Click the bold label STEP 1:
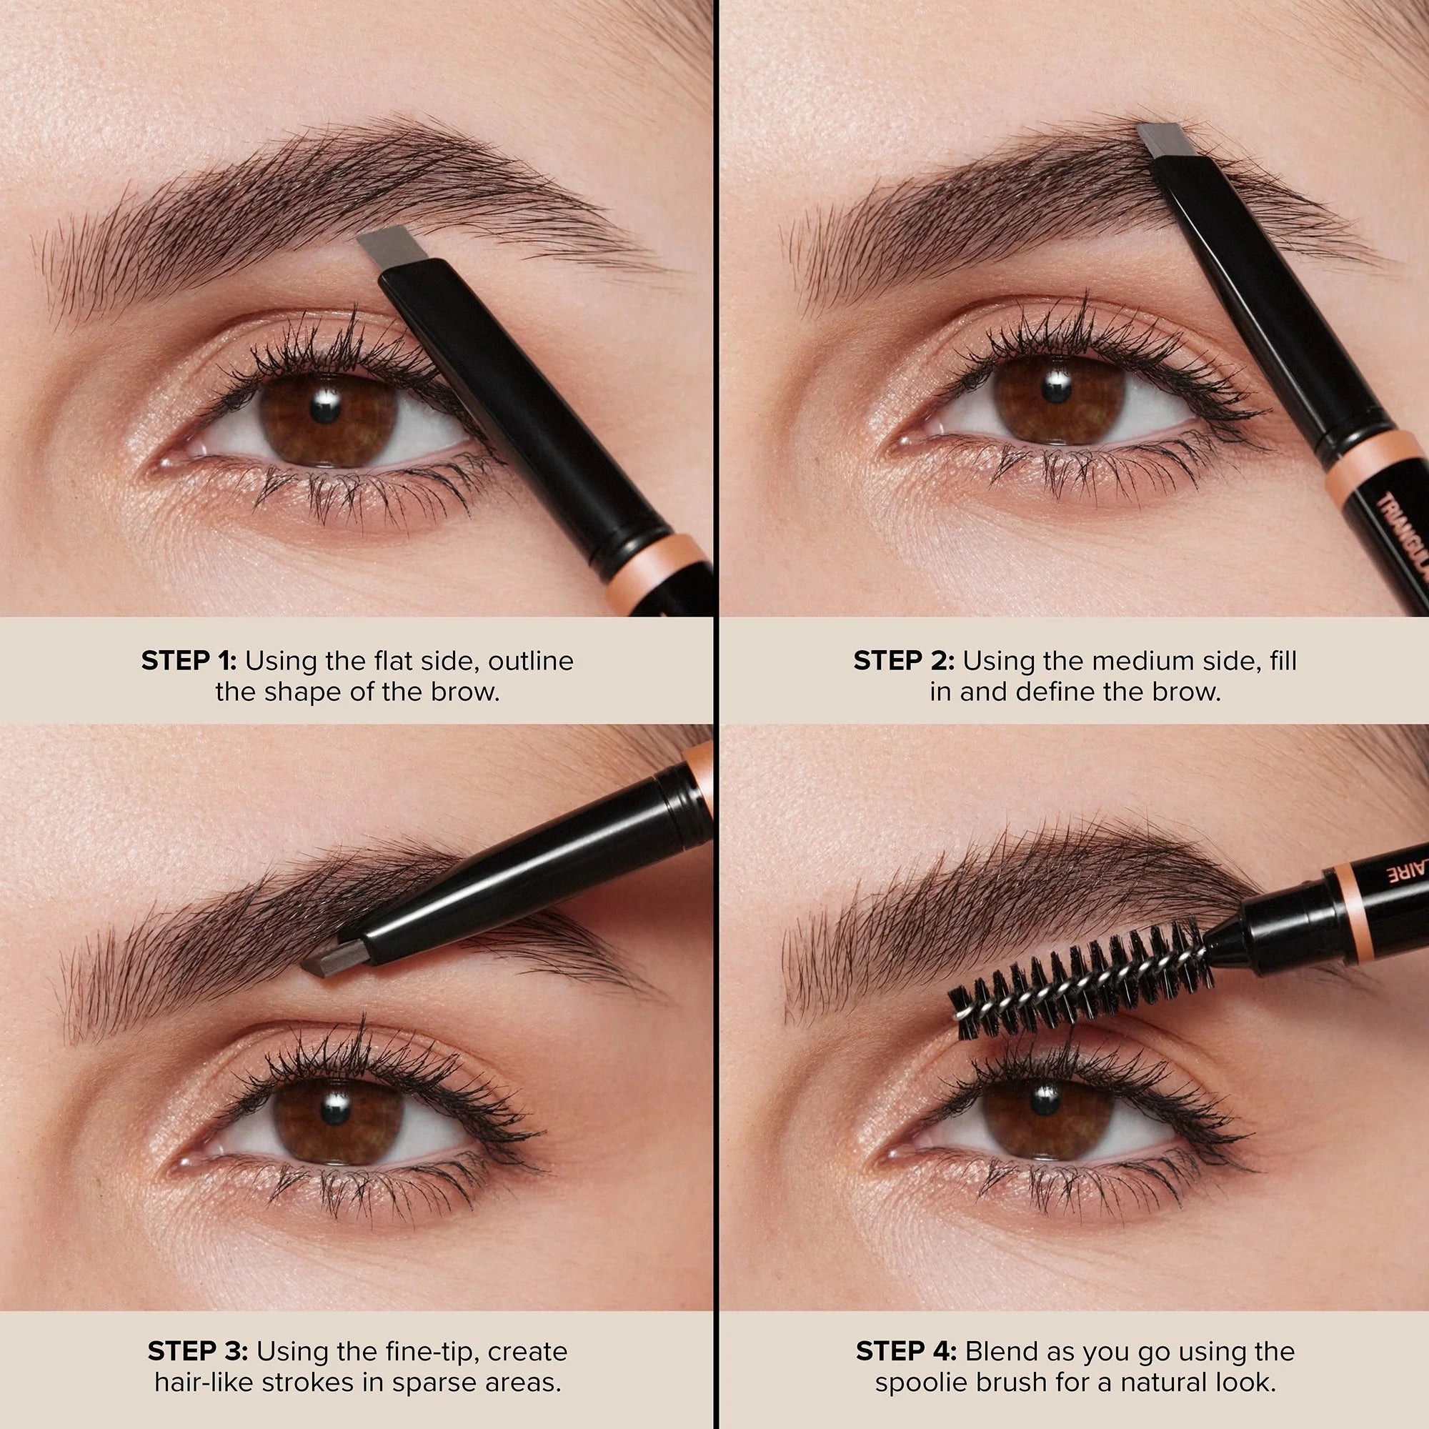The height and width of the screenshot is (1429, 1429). [x=189, y=660]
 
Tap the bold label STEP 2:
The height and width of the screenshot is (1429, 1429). [x=904, y=660]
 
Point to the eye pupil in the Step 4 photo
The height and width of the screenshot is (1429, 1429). [x=1043, y=1100]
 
